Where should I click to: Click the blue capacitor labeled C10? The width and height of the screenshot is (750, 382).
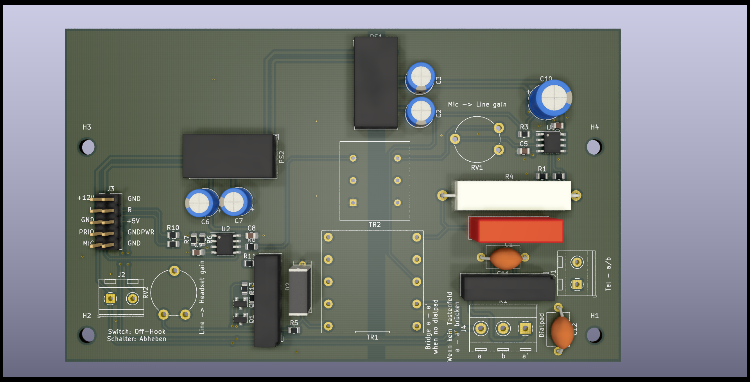click(550, 99)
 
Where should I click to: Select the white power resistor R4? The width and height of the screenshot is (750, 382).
click(512, 195)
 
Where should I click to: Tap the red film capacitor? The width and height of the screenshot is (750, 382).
click(516, 230)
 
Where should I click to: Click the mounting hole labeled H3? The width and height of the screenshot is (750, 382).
click(88, 147)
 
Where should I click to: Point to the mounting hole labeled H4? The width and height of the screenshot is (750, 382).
click(594, 147)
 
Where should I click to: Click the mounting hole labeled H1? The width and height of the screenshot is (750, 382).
click(594, 335)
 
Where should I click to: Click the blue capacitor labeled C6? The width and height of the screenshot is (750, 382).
click(201, 203)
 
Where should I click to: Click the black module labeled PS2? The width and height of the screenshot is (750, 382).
click(230, 156)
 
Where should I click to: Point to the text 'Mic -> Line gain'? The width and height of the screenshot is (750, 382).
click(477, 105)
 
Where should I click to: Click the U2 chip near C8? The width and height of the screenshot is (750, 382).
click(225, 244)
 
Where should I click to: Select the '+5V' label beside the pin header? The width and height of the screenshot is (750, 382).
click(133, 221)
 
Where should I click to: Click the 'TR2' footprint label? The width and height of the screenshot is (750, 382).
click(375, 225)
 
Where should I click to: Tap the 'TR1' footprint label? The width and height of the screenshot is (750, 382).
click(372, 337)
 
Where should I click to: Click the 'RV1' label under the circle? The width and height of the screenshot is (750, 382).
click(477, 168)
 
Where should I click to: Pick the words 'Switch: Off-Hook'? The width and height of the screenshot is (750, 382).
click(136, 332)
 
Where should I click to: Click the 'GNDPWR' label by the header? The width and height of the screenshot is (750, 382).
click(141, 232)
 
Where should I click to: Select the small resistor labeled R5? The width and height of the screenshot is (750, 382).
click(294, 330)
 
